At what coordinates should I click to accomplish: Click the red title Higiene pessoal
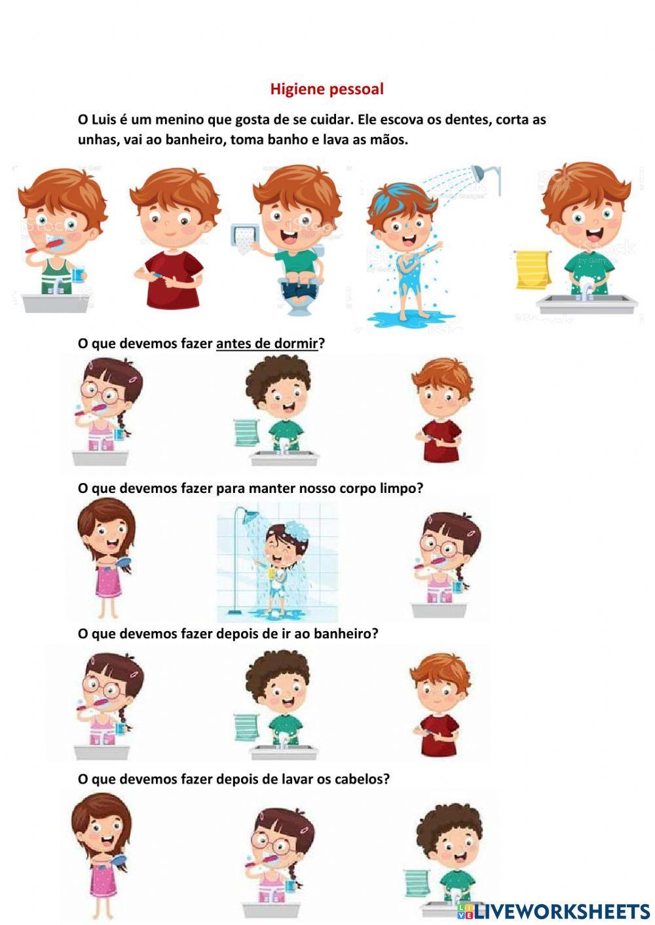[327, 89]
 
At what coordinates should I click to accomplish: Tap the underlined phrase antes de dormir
[267, 343]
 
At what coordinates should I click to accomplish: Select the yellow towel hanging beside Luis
[533, 269]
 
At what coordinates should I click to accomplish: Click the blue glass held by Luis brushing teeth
[78, 274]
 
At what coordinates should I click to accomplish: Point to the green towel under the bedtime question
[246, 432]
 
